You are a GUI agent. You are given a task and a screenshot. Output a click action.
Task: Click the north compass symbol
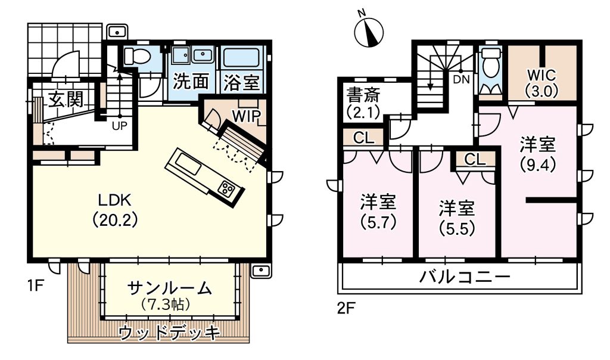click(369, 31)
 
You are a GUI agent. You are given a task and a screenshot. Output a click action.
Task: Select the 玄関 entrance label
click(66, 100)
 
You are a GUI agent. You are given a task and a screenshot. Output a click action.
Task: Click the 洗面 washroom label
click(191, 81)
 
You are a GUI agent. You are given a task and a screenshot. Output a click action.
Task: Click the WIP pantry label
click(246, 116)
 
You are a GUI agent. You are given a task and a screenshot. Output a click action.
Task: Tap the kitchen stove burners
click(226, 189)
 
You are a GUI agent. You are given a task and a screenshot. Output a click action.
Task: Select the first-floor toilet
click(136, 56)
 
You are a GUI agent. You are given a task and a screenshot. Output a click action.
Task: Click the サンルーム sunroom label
click(170, 289)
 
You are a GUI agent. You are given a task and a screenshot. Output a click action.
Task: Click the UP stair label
click(120, 126)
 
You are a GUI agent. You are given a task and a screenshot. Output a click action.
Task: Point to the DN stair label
click(462, 80)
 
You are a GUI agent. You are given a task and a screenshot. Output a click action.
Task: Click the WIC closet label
click(541, 75)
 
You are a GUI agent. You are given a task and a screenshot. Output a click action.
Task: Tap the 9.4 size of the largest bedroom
click(539, 166)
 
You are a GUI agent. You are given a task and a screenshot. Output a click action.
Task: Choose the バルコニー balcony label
click(465, 277)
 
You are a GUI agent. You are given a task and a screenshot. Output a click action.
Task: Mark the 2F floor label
click(346, 309)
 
